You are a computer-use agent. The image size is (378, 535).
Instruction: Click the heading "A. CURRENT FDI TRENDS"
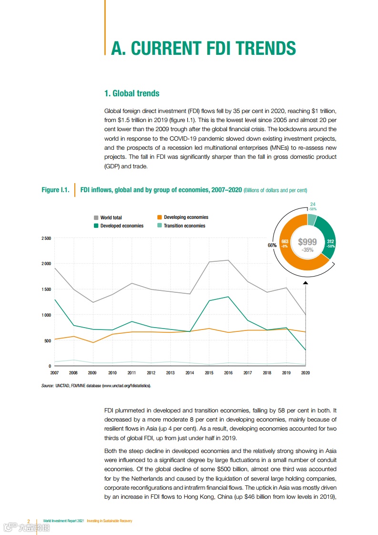203,49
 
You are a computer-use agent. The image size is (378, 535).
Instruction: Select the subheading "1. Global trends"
132,93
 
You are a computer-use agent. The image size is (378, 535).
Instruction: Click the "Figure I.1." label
55,190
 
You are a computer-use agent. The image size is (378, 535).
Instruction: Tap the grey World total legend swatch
96,218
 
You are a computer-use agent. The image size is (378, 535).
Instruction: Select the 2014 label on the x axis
190,372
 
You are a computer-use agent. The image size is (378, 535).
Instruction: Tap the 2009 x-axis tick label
92,372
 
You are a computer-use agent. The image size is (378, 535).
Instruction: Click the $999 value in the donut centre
307,242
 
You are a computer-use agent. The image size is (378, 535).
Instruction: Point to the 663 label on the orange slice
285,242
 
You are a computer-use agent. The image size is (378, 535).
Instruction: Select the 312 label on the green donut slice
330,242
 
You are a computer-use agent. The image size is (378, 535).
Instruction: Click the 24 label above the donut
313,205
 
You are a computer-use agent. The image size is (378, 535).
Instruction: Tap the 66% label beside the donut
272,245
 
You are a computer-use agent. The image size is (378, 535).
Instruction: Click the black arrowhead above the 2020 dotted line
306,283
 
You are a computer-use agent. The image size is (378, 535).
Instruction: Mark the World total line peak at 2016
228,260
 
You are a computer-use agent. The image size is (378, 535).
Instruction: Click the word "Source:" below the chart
48,385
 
